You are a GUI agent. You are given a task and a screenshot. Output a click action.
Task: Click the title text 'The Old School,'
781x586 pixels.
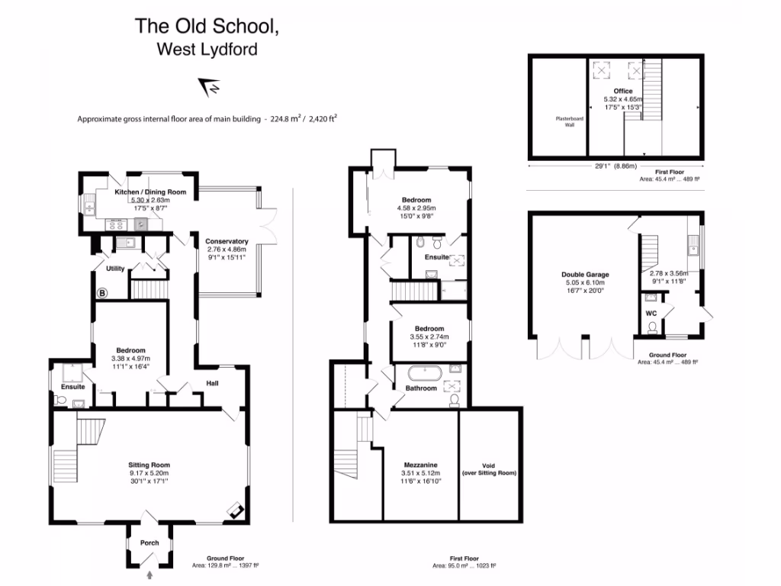click(x=207, y=26)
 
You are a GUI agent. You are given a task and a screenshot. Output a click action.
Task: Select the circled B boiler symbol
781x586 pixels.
click(x=102, y=291)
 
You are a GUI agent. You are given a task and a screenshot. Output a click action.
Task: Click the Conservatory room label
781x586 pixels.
click(x=227, y=242)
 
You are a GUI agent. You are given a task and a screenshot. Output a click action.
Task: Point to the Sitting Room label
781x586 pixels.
click(x=149, y=465)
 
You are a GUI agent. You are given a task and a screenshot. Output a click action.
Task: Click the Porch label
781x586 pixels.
click(x=149, y=543)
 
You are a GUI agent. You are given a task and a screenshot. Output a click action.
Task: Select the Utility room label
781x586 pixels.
click(x=115, y=269)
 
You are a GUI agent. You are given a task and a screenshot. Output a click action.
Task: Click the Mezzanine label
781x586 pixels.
click(x=419, y=465)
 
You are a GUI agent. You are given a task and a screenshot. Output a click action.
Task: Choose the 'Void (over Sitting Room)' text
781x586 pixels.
click(x=489, y=469)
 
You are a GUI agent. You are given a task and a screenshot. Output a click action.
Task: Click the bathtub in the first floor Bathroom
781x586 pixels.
click(x=422, y=374)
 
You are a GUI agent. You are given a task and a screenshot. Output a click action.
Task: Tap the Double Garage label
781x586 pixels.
click(x=585, y=275)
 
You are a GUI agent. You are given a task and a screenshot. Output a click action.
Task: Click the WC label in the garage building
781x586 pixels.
click(x=651, y=314)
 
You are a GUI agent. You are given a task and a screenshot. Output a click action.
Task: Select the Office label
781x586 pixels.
click(x=623, y=91)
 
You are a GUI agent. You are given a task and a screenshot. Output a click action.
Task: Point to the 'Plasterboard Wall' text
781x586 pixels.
click(x=569, y=123)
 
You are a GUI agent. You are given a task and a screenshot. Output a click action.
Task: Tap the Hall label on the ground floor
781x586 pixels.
click(x=213, y=383)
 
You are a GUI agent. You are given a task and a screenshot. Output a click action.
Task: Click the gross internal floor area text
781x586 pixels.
click(x=207, y=119)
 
